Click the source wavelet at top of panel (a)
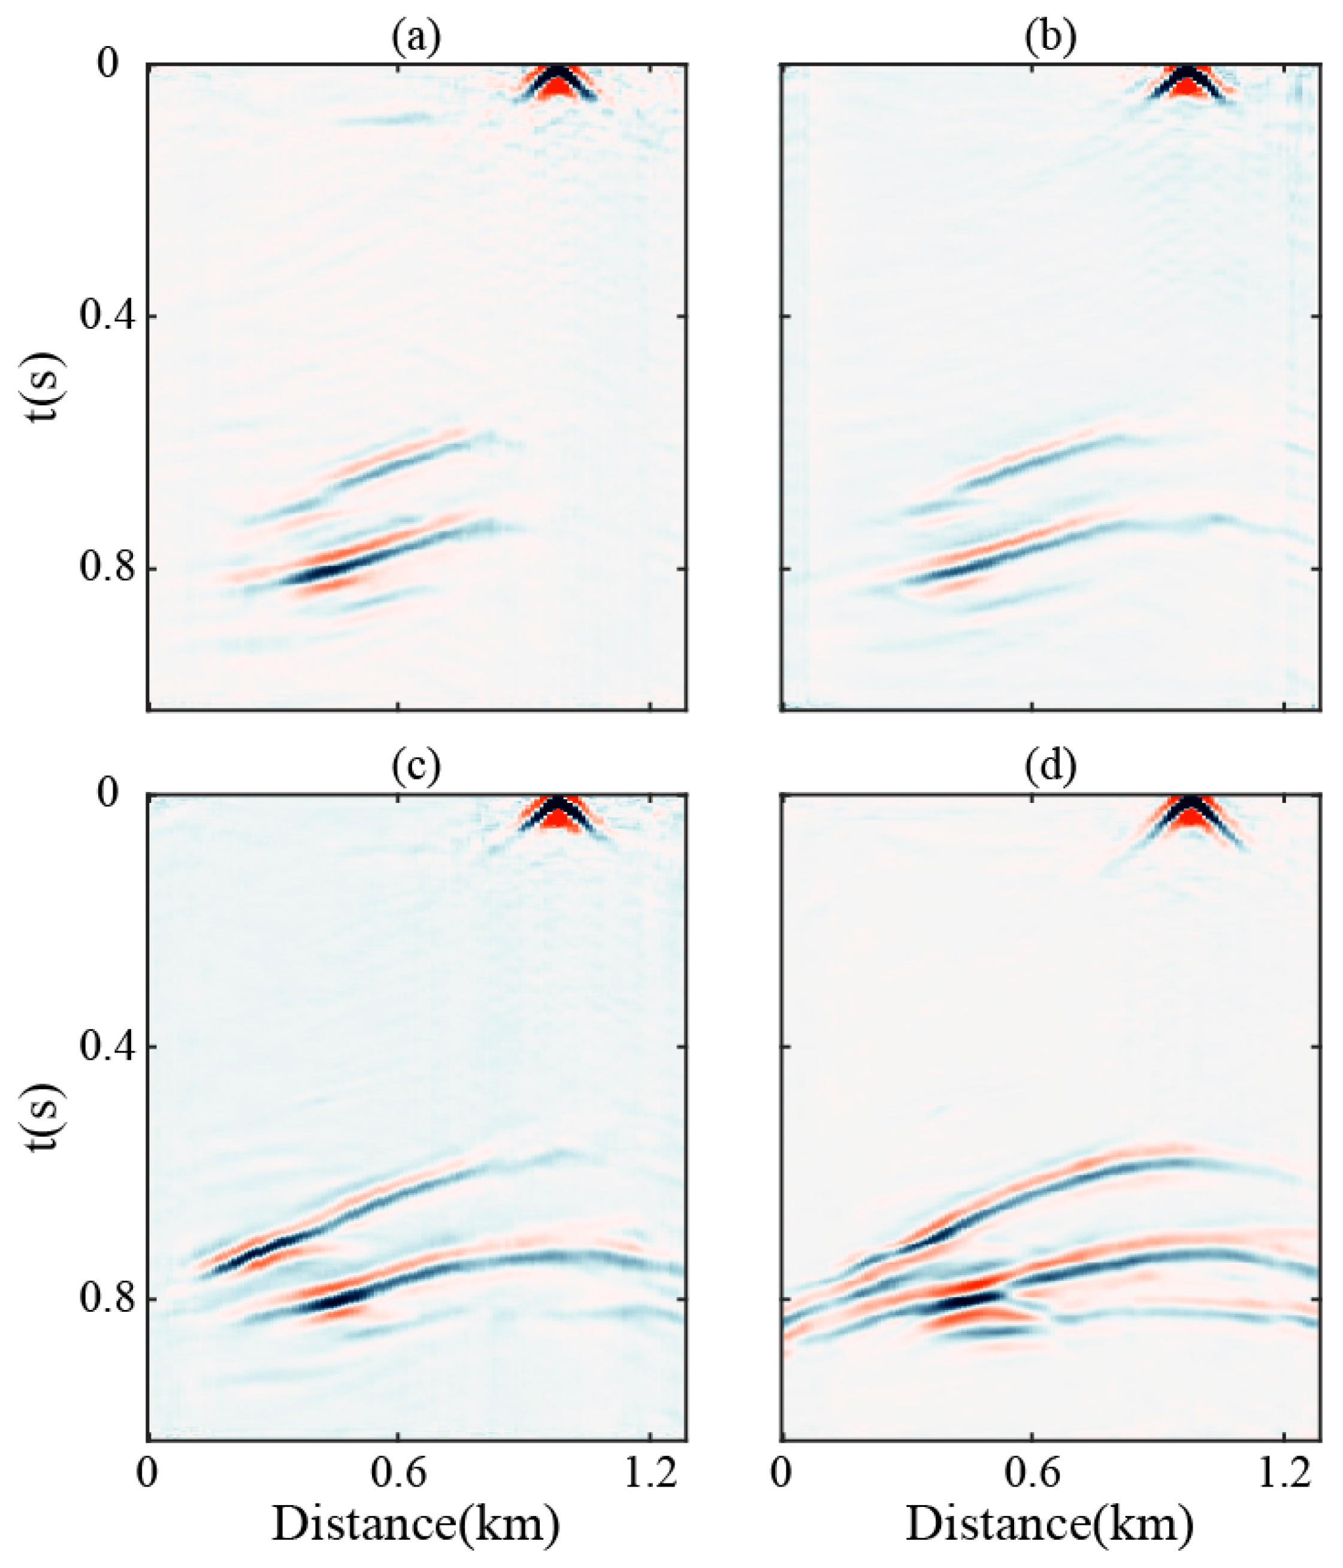tap(558, 82)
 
